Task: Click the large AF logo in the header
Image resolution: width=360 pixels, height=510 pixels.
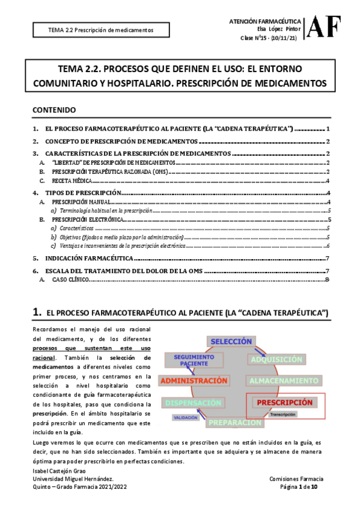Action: click(325, 28)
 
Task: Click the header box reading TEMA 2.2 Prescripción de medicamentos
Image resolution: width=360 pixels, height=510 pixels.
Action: click(101, 29)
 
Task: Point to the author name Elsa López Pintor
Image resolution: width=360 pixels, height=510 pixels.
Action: click(278, 29)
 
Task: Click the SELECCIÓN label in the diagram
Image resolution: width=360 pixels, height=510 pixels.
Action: click(231, 341)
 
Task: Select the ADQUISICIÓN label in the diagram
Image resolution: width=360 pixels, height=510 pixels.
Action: click(276, 360)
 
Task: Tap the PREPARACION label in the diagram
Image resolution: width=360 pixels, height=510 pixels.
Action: click(236, 422)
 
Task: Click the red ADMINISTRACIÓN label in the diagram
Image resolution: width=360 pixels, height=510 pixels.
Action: click(194, 381)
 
